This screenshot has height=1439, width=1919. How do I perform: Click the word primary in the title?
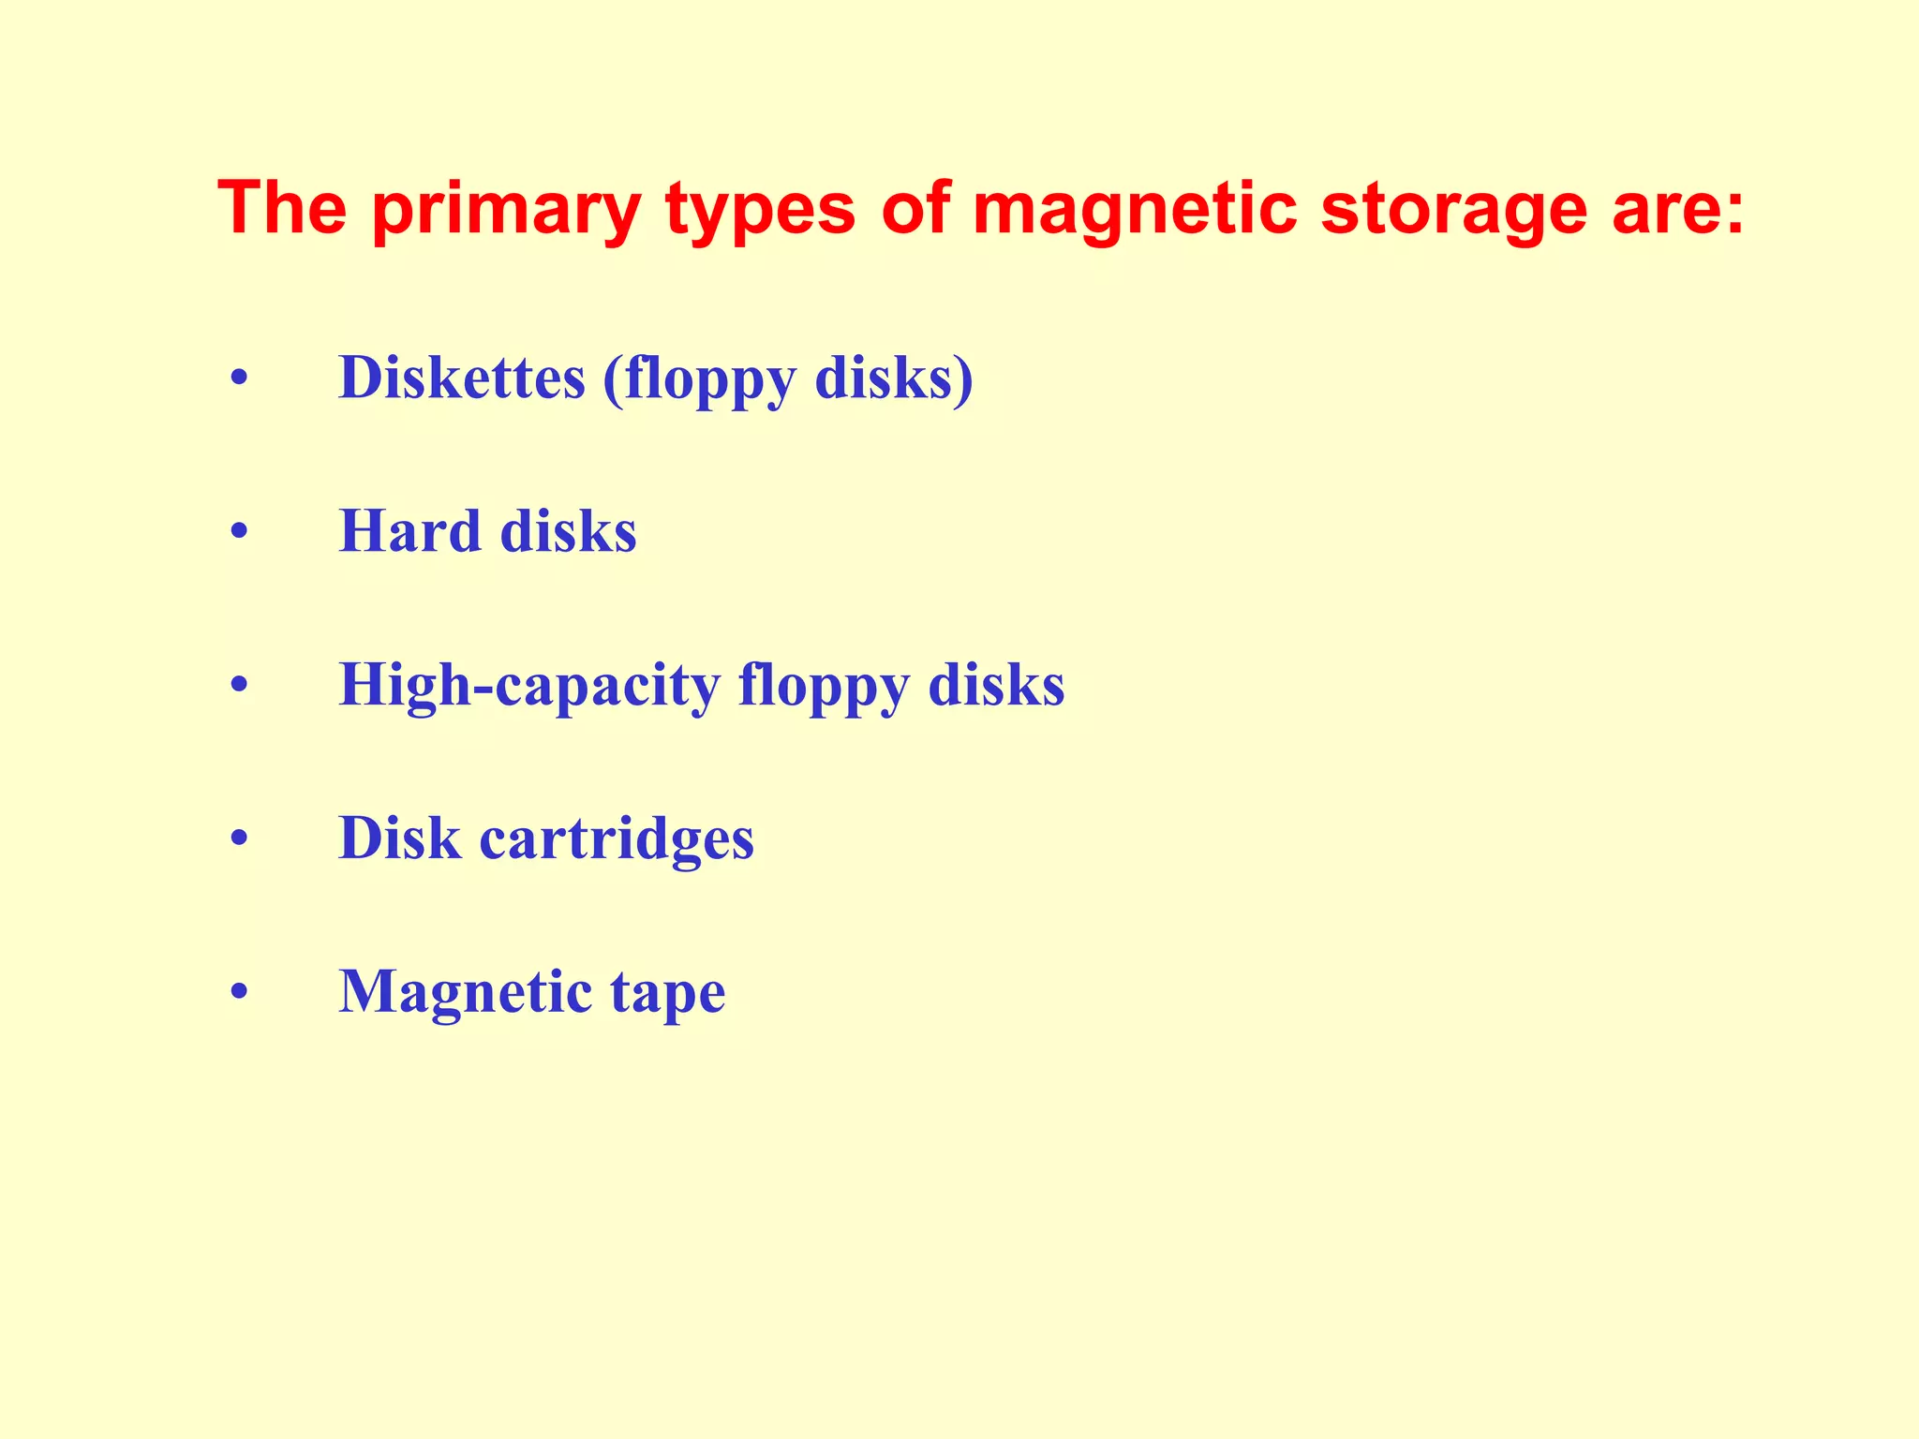click(x=506, y=210)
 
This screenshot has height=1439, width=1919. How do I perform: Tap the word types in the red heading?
click(x=760, y=210)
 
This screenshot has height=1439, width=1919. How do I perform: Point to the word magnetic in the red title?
click(x=1135, y=210)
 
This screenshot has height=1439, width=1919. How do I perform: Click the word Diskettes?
click(x=462, y=378)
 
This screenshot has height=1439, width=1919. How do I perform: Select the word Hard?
click(x=409, y=531)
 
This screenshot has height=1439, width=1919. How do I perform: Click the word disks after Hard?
click(x=568, y=531)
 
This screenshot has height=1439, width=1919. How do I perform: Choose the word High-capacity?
click(x=529, y=686)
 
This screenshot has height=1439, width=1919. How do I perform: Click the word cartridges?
click(x=617, y=838)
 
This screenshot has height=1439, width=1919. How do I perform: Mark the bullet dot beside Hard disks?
click(x=240, y=533)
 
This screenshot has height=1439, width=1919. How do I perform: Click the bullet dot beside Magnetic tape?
click(x=240, y=992)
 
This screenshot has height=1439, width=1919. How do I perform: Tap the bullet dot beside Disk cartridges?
click(x=240, y=838)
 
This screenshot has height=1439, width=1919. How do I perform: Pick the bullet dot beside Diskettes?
click(x=240, y=380)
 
